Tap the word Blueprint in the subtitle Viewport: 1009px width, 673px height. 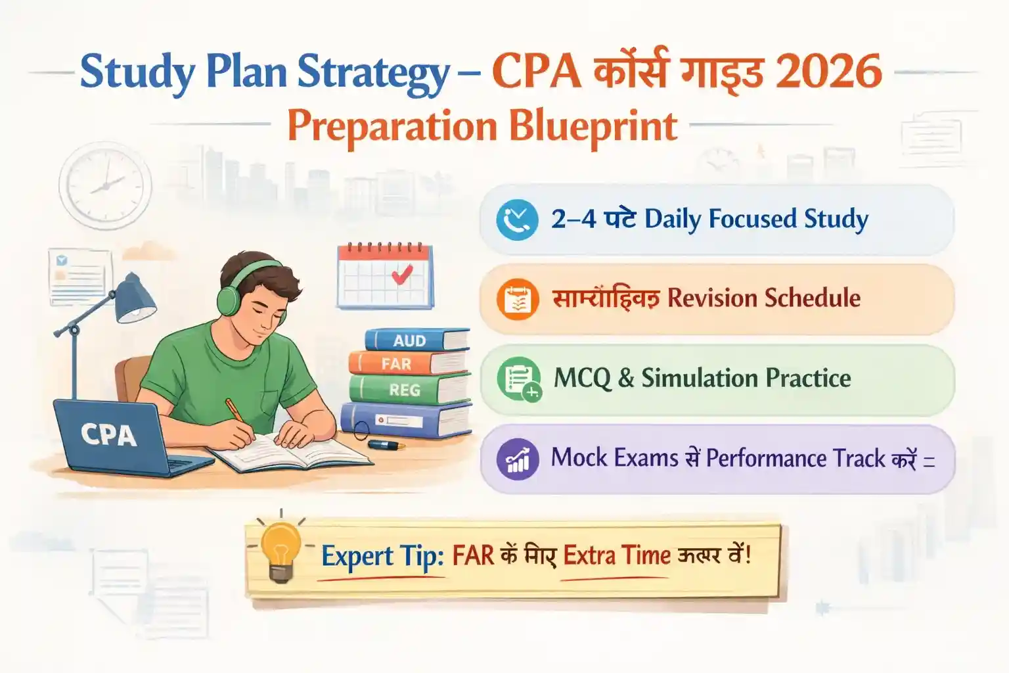(593, 127)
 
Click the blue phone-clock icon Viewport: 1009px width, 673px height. (517, 220)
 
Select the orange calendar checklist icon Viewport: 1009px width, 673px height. (518, 299)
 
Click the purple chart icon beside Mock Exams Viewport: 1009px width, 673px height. (518, 459)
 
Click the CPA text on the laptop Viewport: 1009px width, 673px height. (108, 435)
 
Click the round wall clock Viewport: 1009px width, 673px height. (105, 185)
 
